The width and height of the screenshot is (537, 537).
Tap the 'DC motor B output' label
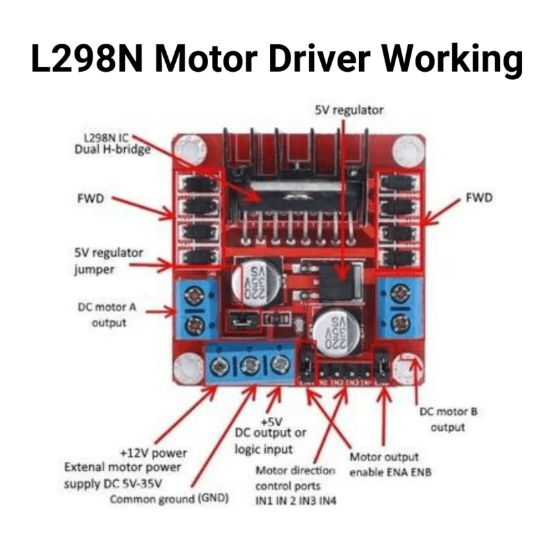click(x=442, y=420)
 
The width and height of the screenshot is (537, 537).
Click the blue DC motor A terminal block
click(x=196, y=309)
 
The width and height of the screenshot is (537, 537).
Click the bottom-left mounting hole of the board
click(x=185, y=367)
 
